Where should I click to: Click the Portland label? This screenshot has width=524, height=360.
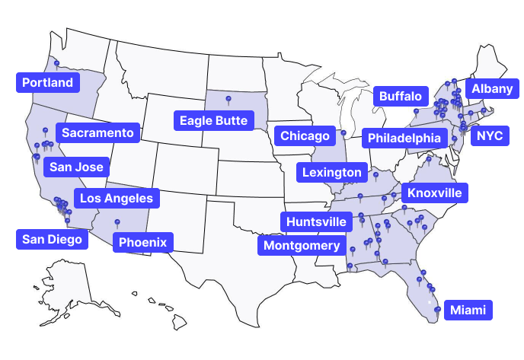(x=47, y=82)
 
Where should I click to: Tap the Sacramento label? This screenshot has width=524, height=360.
(x=97, y=133)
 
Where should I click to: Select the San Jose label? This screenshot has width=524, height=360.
(x=75, y=167)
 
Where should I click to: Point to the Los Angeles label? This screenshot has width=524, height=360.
(x=117, y=199)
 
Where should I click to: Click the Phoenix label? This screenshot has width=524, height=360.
(x=143, y=243)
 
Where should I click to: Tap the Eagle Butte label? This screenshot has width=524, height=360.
(x=213, y=120)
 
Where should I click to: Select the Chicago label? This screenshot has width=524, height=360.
(x=305, y=135)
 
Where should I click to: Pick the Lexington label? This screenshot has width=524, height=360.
(x=331, y=173)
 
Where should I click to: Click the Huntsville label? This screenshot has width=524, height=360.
(x=318, y=221)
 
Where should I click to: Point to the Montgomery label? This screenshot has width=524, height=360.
(x=302, y=245)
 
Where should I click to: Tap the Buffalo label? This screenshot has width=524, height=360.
(x=399, y=96)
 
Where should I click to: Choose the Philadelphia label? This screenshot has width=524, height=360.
(x=404, y=138)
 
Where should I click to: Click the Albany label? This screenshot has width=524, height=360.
(x=492, y=89)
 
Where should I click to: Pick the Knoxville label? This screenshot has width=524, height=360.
(x=434, y=193)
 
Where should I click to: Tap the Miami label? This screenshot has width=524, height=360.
(x=468, y=310)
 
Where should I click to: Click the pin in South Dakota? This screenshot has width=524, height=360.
(x=228, y=99)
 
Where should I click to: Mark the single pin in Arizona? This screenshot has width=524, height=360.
(x=117, y=222)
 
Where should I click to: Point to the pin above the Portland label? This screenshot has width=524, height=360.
(x=56, y=63)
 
